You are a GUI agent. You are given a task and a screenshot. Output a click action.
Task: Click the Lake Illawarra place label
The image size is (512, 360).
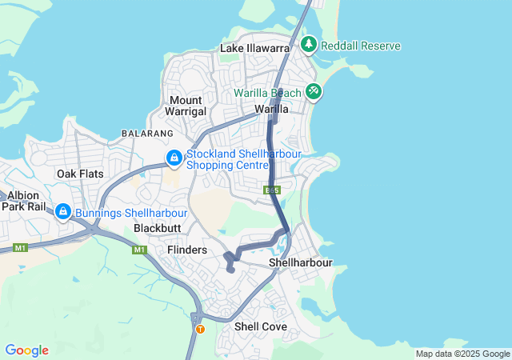pos(254,49)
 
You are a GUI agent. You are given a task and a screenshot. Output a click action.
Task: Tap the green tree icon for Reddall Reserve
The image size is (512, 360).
pos(309,46)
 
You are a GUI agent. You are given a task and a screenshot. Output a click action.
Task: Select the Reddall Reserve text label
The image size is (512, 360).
pos(360,46)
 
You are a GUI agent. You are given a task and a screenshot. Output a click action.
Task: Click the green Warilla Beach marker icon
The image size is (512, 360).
pos(314,93)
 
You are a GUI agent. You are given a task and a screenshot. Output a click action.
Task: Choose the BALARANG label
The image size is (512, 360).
pos(146,133)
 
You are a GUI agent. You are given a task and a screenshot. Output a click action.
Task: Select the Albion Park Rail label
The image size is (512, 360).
pos(24,200)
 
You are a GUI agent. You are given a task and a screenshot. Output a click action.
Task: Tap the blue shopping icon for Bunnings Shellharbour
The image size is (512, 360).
pos(62,213)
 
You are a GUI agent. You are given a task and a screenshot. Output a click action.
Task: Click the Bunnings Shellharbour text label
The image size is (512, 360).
pos(130,213)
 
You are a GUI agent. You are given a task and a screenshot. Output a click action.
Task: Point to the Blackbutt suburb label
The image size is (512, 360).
pos(157,228)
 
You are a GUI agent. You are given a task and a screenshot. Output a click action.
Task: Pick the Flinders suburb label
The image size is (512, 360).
pos(187,250)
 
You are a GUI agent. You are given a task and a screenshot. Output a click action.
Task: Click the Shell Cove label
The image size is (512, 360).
pos(261,326)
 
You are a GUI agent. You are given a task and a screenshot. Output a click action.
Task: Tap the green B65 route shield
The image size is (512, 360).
pos(272,190)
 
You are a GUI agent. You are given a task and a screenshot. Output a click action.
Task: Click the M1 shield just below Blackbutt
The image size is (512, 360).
pos(140,250)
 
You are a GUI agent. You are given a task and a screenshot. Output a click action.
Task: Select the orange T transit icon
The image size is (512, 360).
pos(200,329)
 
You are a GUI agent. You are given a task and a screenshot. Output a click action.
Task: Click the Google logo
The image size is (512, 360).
pos(26,350)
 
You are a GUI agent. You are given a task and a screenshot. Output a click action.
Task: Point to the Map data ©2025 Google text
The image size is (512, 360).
pos(462,354)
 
